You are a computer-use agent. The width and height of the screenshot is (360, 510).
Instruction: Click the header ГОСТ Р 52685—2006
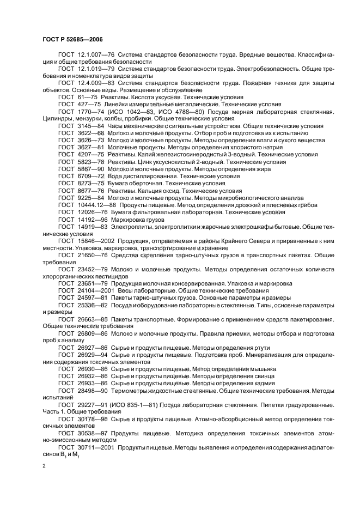(x=72, y=40)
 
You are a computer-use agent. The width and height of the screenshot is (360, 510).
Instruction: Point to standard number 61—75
(x=84, y=96)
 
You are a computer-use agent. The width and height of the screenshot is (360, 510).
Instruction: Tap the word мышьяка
(x=260, y=369)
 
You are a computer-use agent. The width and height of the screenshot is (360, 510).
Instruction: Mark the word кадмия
(x=258, y=383)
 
